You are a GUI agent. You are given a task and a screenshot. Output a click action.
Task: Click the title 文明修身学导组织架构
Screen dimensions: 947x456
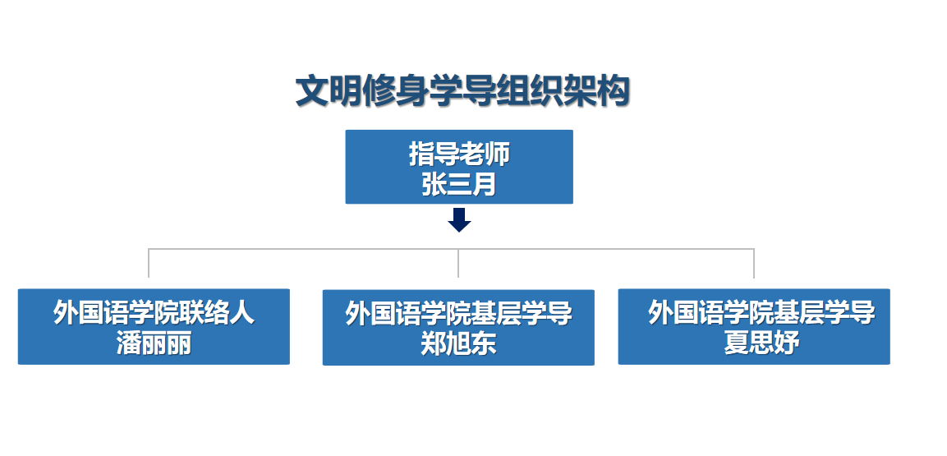(x=462, y=92)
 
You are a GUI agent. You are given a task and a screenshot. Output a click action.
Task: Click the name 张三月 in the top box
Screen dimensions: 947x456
(x=459, y=185)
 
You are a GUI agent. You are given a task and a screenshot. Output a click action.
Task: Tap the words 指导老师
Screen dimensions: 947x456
(x=459, y=154)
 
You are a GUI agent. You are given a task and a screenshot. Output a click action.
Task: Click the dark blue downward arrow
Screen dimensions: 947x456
(x=460, y=220)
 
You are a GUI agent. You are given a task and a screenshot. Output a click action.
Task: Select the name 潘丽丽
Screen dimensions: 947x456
(x=154, y=343)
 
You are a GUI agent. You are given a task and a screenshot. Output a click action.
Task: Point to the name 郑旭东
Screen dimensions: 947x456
(x=458, y=343)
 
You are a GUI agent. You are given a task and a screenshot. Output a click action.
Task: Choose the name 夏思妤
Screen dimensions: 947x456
(x=761, y=343)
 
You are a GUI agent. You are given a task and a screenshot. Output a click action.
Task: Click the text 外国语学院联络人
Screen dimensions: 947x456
(x=154, y=313)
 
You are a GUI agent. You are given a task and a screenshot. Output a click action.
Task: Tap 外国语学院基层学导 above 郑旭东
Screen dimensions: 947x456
(x=458, y=314)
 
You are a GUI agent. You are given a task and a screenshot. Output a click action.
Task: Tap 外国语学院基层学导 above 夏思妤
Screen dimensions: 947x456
(x=761, y=313)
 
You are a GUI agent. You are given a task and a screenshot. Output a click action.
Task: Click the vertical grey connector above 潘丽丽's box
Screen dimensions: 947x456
(x=149, y=263)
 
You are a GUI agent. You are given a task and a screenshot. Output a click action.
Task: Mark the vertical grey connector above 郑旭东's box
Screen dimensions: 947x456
(x=458, y=263)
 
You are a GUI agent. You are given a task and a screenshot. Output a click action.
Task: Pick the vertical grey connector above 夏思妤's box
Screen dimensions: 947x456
(x=754, y=263)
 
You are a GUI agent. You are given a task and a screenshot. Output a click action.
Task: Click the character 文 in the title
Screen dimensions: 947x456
(x=312, y=92)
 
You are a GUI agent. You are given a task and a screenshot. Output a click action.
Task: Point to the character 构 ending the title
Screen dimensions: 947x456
(x=614, y=92)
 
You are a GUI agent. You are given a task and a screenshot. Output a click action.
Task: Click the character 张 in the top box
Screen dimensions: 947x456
(x=434, y=185)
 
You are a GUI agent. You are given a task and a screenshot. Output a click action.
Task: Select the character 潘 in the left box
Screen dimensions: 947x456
(x=129, y=343)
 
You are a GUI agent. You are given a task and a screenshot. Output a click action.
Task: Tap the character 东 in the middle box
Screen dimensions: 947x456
(x=484, y=343)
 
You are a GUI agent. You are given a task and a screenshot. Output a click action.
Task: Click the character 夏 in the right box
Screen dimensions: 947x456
(x=737, y=343)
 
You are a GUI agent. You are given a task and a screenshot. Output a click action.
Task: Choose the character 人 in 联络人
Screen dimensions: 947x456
(x=242, y=313)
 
